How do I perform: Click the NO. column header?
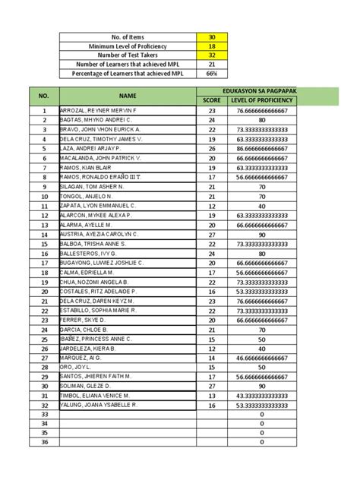coord(44,96)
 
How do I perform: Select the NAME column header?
coord(127,96)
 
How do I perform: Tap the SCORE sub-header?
coord(210,101)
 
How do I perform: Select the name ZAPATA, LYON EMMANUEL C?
coord(99,206)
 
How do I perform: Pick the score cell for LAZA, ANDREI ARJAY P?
coord(210,149)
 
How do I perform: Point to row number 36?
coord(44,442)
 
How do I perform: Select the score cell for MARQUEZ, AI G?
coord(210,358)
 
